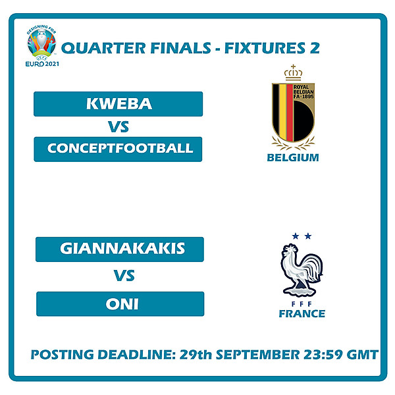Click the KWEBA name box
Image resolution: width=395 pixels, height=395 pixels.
pyautogui.click(x=118, y=104)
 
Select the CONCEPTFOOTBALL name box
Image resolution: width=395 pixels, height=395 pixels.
pyautogui.click(x=118, y=149)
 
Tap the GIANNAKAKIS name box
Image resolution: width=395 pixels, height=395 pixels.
pyautogui.click(x=120, y=249)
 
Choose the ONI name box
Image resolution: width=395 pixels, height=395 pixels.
pyautogui.click(x=120, y=304)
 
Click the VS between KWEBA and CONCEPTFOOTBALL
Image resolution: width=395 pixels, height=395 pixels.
pyautogui.click(x=119, y=127)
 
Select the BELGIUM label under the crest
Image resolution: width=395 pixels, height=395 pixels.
pyautogui.click(x=293, y=157)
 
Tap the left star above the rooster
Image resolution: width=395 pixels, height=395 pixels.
pyautogui.click(x=295, y=236)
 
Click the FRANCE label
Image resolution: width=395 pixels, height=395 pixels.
pyautogui.click(x=302, y=313)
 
